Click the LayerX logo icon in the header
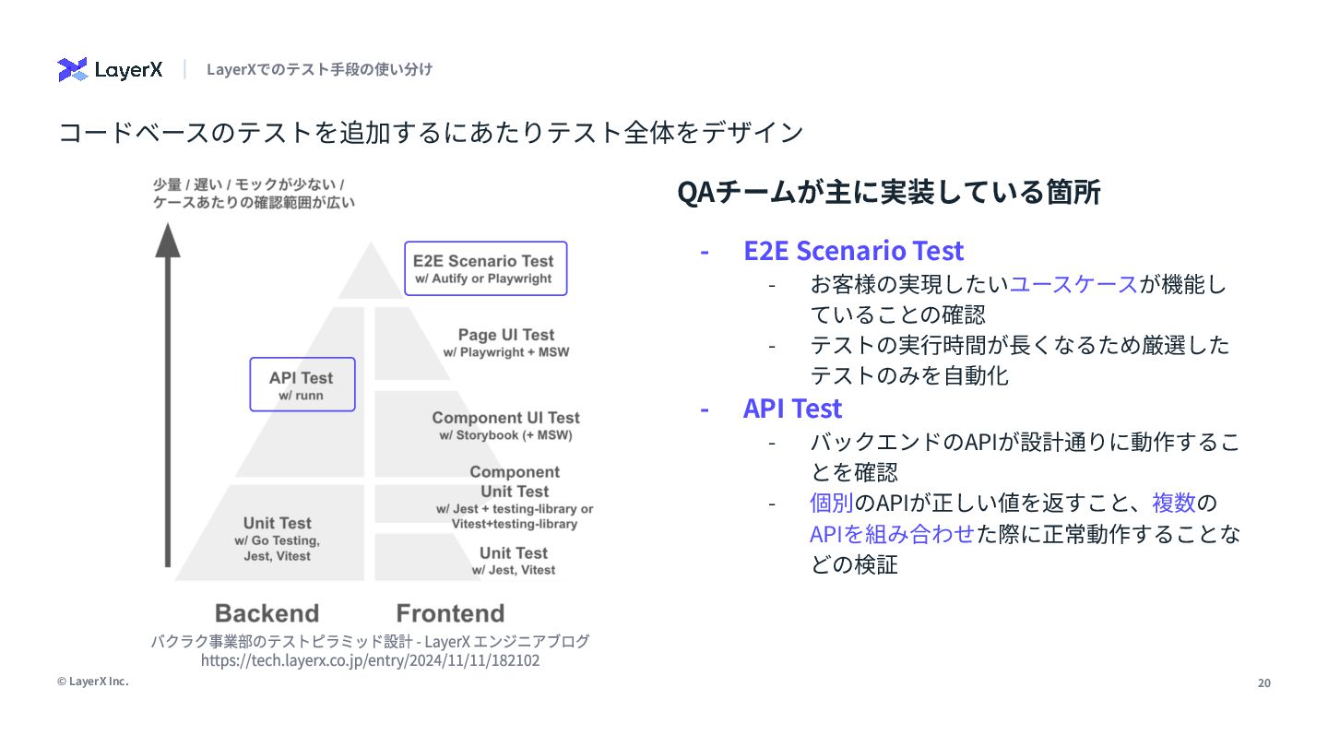coord(72,69)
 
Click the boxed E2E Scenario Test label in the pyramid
coord(485,268)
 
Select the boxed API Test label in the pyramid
coord(302,385)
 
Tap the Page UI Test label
coord(506,342)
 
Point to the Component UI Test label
coord(505,425)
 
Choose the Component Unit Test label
coord(515,497)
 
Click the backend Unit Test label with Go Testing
coord(277,539)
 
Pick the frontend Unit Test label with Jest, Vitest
coord(514,560)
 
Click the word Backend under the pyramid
coord(267,613)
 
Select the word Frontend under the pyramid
coord(450,613)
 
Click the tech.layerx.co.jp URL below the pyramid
coord(370,660)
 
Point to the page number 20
coord(1264,682)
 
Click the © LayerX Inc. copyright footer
coord(92,682)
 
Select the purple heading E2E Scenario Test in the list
coord(853,251)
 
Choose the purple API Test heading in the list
coord(792,409)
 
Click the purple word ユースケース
coord(1073,284)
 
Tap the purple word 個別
coord(831,504)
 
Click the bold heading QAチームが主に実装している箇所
coord(889,193)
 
